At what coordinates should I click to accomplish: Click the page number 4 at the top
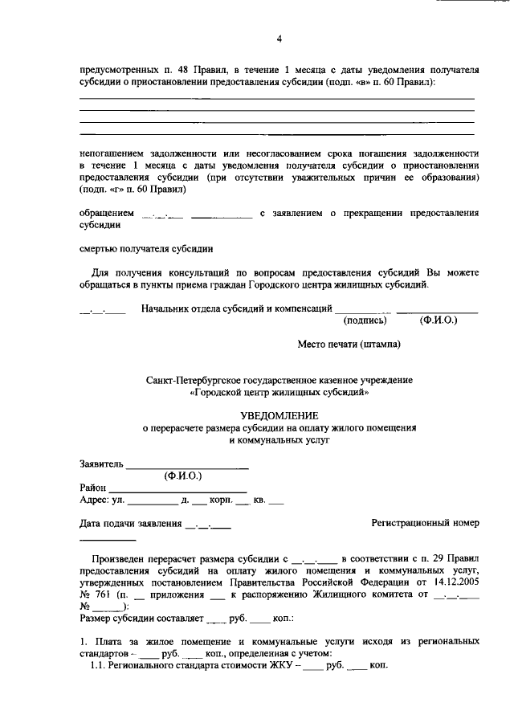pyautogui.click(x=279, y=39)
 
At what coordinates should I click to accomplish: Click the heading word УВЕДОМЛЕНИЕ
pyautogui.click(x=279, y=415)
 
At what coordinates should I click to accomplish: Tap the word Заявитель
pyautogui.click(x=101, y=464)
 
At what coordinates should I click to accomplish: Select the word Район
pyautogui.click(x=93, y=488)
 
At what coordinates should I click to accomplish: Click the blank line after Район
pyautogui.click(x=177, y=488)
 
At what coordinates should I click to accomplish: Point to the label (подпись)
pyautogui.click(x=365, y=320)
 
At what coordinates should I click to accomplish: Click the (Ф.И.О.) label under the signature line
pyautogui.click(x=438, y=320)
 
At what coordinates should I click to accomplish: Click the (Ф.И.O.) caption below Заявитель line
pyautogui.click(x=186, y=476)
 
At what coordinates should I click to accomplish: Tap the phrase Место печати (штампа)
pyautogui.click(x=349, y=345)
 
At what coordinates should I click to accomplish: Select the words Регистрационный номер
pyautogui.click(x=425, y=523)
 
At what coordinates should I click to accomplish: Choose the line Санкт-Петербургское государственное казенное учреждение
pyautogui.click(x=279, y=378)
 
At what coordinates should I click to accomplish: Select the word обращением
pyautogui.click(x=106, y=214)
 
